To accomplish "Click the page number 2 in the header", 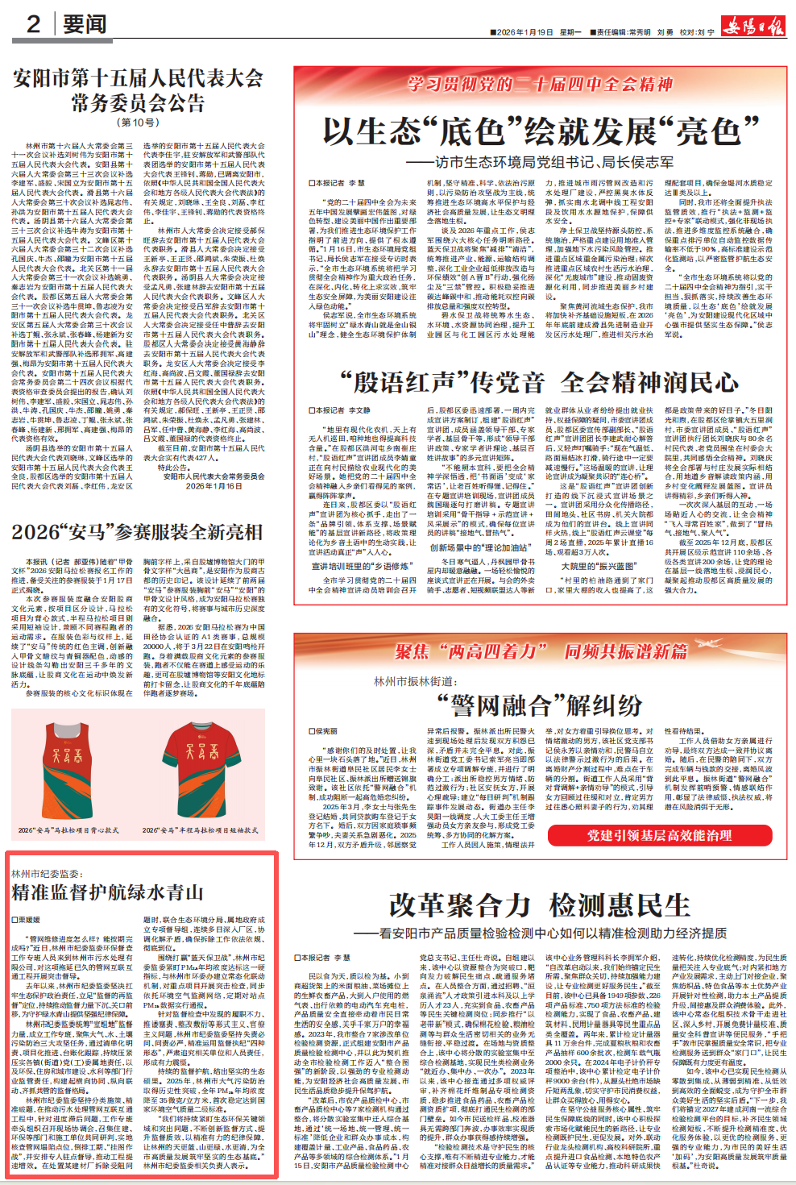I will [x=33, y=23].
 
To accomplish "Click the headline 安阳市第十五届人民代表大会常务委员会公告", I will [x=138, y=90].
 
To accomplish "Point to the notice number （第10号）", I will [x=139, y=123].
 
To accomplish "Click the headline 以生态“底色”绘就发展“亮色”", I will [x=541, y=131].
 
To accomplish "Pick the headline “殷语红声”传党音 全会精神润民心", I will [x=539, y=382].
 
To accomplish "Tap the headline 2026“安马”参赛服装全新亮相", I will [x=137, y=532].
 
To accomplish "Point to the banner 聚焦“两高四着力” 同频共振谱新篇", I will [x=541, y=651].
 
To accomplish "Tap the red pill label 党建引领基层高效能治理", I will [x=659, y=835].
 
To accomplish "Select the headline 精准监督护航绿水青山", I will [x=107, y=892].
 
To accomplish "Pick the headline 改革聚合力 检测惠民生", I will [x=539, y=905].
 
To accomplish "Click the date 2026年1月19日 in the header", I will [x=524, y=32].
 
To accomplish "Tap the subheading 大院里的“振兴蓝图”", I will [x=599, y=567].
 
